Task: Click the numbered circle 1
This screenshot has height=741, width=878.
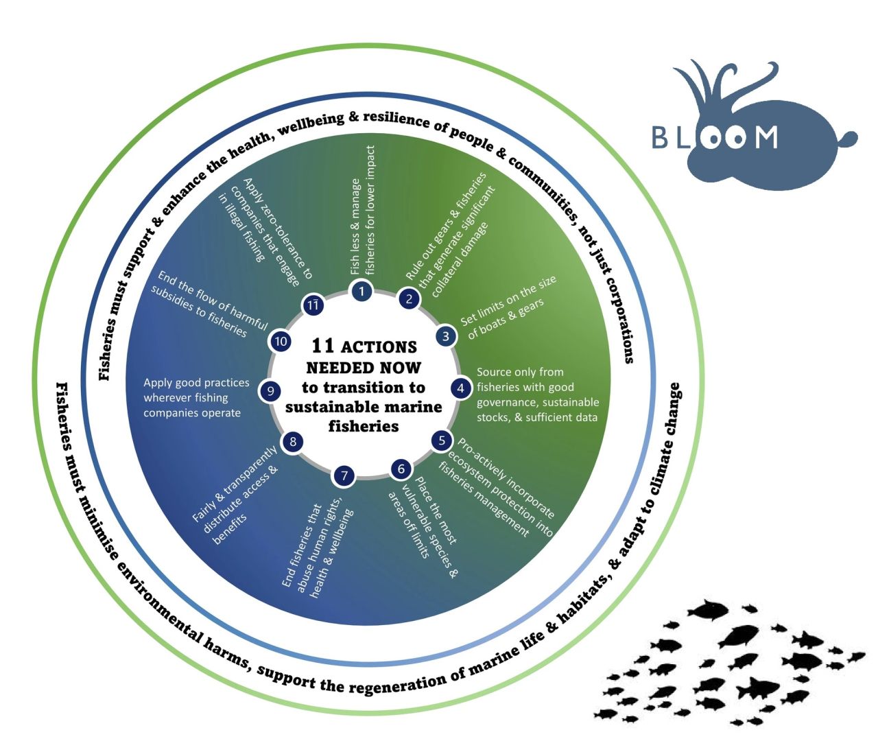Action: [361, 291]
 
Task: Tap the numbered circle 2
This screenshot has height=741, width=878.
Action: [410, 298]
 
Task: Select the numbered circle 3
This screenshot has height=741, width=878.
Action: [446, 336]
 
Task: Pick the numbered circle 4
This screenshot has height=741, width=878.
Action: [460, 388]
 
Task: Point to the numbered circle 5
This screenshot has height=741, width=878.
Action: [442, 440]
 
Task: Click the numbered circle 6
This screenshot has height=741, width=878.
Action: [401, 469]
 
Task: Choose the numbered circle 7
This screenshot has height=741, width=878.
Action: [344, 475]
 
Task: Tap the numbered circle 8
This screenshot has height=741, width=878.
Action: [293, 441]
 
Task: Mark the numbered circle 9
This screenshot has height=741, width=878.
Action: [271, 391]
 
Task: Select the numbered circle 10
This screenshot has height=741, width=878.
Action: [281, 341]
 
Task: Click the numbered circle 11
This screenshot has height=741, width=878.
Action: [313, 305]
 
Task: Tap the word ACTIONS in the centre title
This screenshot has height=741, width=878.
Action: [379, 346]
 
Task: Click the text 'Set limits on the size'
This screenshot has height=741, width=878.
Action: [508, 300]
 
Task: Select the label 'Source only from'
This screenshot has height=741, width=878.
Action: [520, 372]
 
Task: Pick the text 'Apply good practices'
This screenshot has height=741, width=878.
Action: [196, 383]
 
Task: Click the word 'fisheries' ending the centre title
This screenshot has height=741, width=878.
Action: [364, 426]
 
